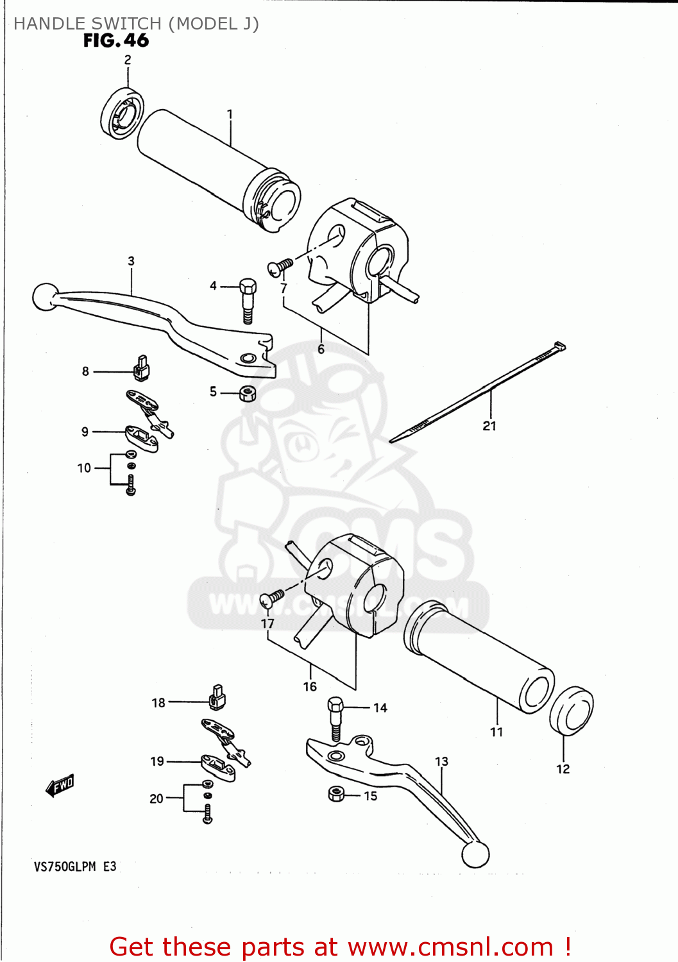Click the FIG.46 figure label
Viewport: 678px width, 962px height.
pyautogui.click(x=116, y=40)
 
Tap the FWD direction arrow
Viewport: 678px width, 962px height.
pyautogui.click(x=60, y=785)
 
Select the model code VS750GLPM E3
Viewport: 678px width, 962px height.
pyautogui.click(x=75, y=866)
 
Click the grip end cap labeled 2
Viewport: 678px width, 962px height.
pyautogui.click(x=122, y=112)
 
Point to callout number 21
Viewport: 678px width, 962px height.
pyautogui.click(x=489, y=426)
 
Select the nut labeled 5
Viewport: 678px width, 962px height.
pyautogui.click(x=248, y=393)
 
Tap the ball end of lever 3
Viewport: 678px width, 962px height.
pyautogui.click(x=44, y=296)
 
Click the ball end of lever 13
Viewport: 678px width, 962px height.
pyautogui.click(x=475, y=854)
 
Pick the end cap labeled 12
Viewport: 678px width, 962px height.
pyautogui.click(x=571, y=711)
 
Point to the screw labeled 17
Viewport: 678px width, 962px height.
pyautogui.click(x=272, y=598)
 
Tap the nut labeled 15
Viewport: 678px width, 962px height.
pyautogui.click(x=336, y=795)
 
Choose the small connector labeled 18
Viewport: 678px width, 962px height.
pyautogui.click(x=217, y=698)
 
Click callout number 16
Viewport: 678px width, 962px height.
pyautogui.click(x=310, y=687)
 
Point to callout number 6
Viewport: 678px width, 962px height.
pyautogui.click(x=321, y=349)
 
